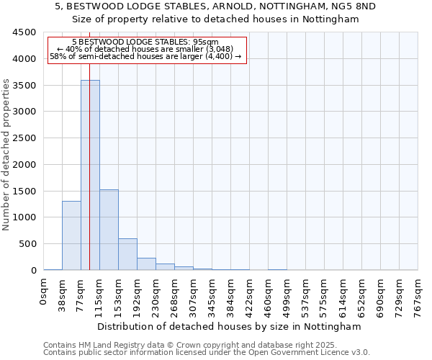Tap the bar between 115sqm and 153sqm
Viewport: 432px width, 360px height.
point(109,230)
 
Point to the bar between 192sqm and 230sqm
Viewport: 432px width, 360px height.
point(146,264)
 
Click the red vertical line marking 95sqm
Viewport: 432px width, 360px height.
point(89,144)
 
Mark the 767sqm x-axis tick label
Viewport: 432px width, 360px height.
point(418,294)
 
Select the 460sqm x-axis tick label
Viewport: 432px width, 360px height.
point(268,294)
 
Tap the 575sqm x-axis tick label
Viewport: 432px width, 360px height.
point(324,294)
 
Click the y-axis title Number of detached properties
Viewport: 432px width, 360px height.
point(7,155)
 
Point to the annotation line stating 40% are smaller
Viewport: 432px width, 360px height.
point(145,49)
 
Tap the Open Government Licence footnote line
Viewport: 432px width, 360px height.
point(207,352)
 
